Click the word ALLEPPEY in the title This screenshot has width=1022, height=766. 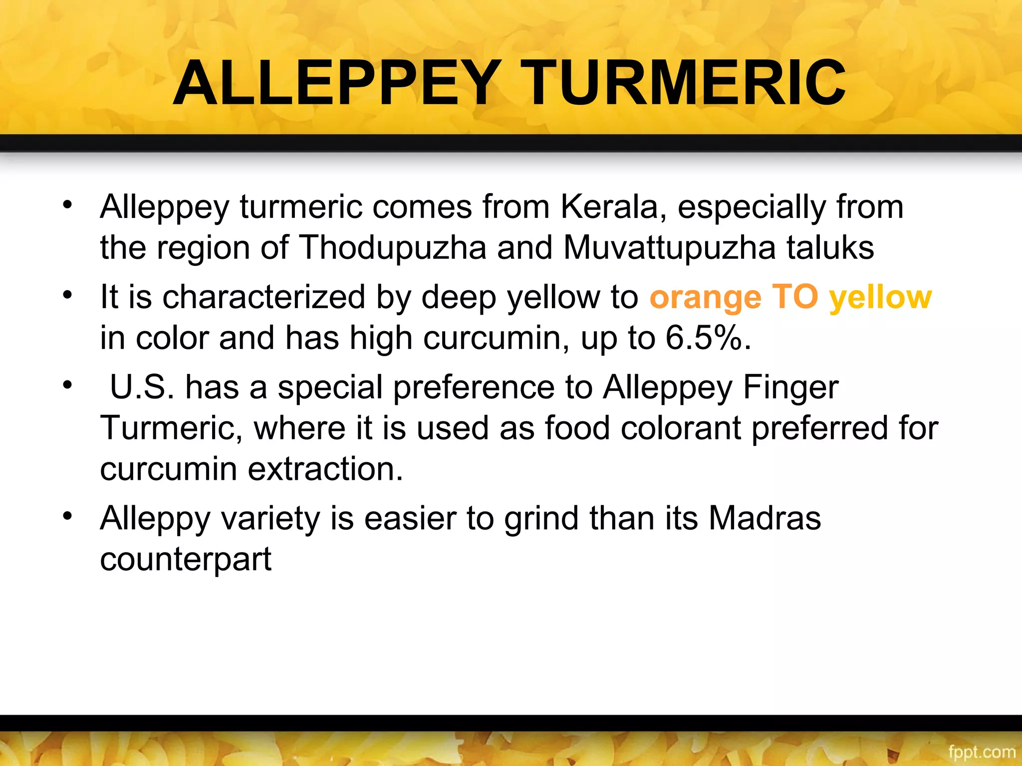[337, 84]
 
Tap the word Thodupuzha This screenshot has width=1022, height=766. [392, 248]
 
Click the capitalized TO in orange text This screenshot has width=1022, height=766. [795, 297]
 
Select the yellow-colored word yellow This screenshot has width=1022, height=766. [881, 298]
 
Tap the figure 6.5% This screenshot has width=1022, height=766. [708, 338]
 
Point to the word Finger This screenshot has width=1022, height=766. [790, 387]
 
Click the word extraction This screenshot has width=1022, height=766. [325, 469]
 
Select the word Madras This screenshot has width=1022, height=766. [765, 519]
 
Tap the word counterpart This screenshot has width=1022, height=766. [186, 560]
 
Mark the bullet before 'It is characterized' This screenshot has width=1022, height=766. [68, 295]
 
